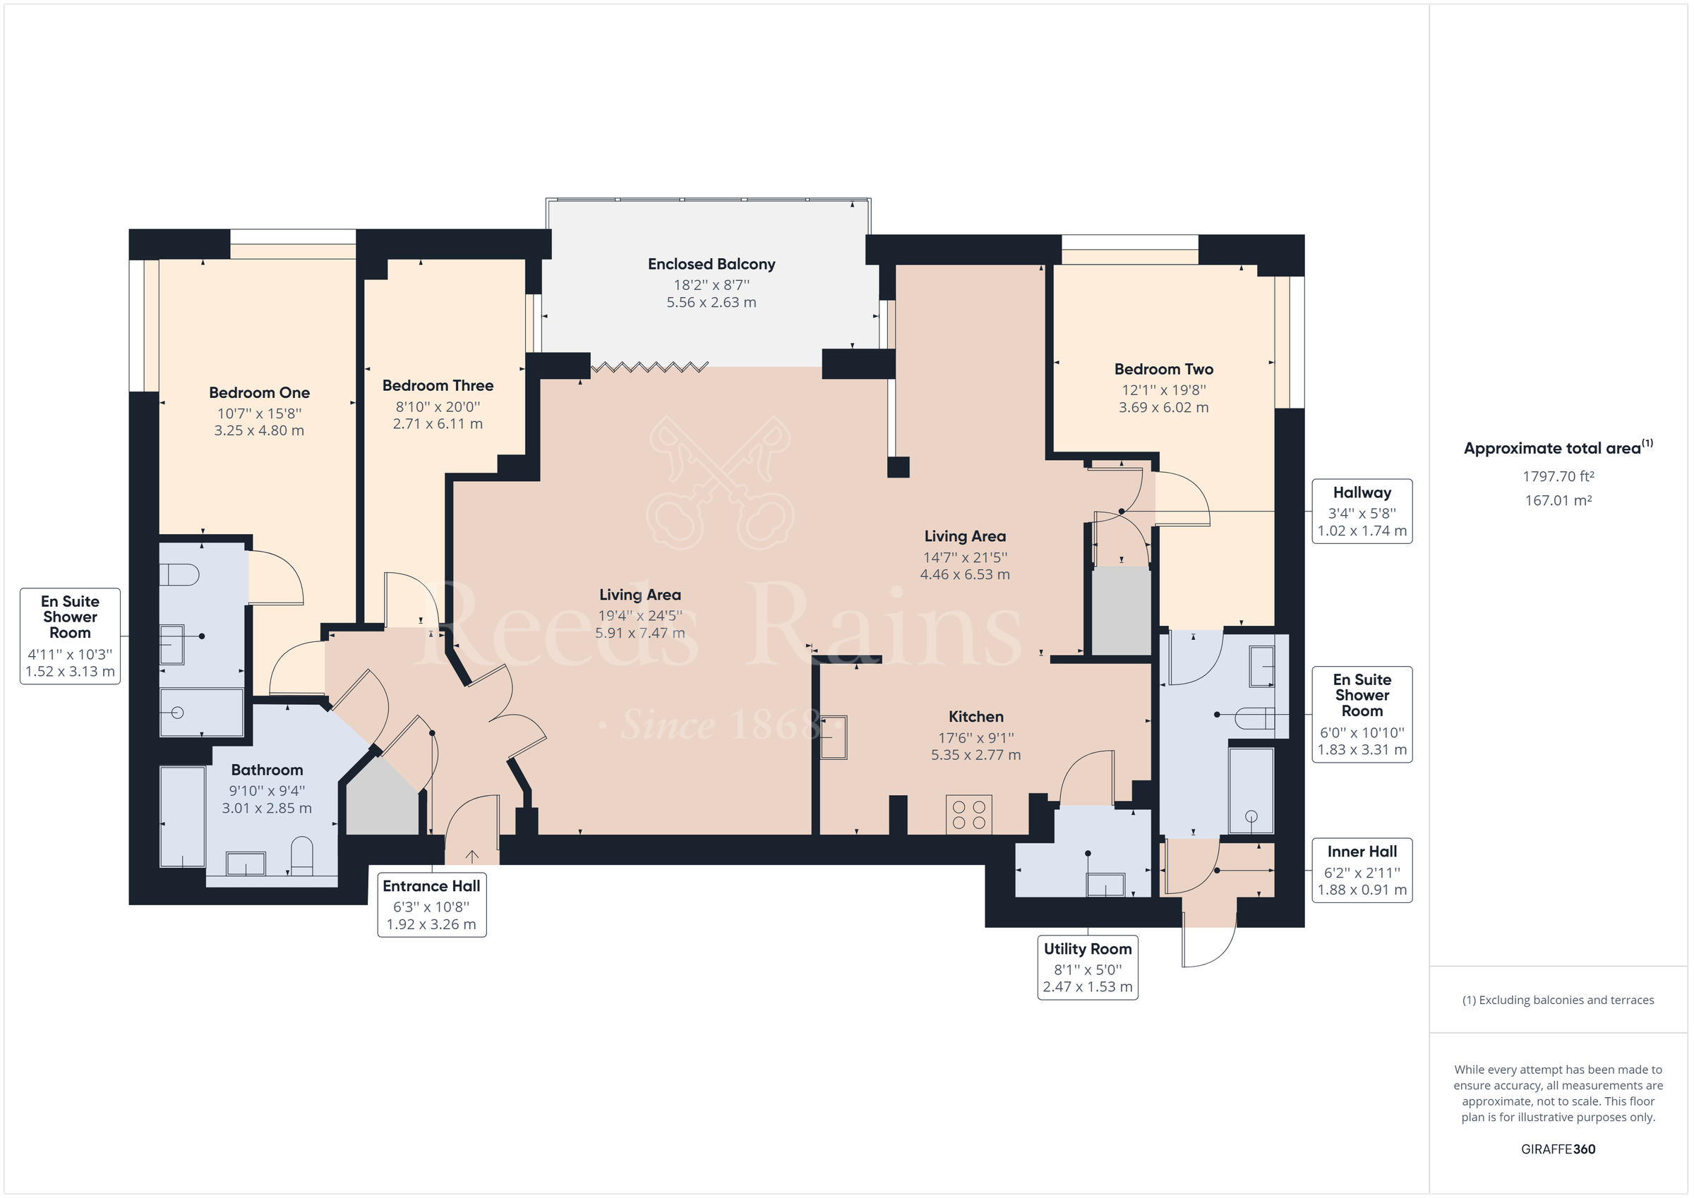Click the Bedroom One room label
click(x=259, y=392)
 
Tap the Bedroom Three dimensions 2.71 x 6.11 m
click(x=438, y=424)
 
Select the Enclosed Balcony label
click(x=711, y=264)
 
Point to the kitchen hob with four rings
click(x=968, y=815)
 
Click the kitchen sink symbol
click(x=834, y=737)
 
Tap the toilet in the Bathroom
click(x=303, y=856)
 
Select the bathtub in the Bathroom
click(x=182, y=816)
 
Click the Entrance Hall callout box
click(x=431, y=904)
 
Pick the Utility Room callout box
click(x=1088, y=967)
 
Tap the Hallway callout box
click(x=1362, y=512)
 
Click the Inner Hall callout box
click(x=1362, y=870)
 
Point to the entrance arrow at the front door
click(x=472, y=857)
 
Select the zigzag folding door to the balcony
click(x=649, y=367)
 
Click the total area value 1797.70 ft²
click(x=1558, y=476)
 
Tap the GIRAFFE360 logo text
click(x=1558, y=1149)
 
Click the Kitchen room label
click(x=975, y=716)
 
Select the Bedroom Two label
click(x=1163, y=369)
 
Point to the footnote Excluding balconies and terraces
click(x=1558, y=1000)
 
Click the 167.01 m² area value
click(x=1558, y=500)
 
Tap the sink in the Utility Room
click(x=1105, y=884)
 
